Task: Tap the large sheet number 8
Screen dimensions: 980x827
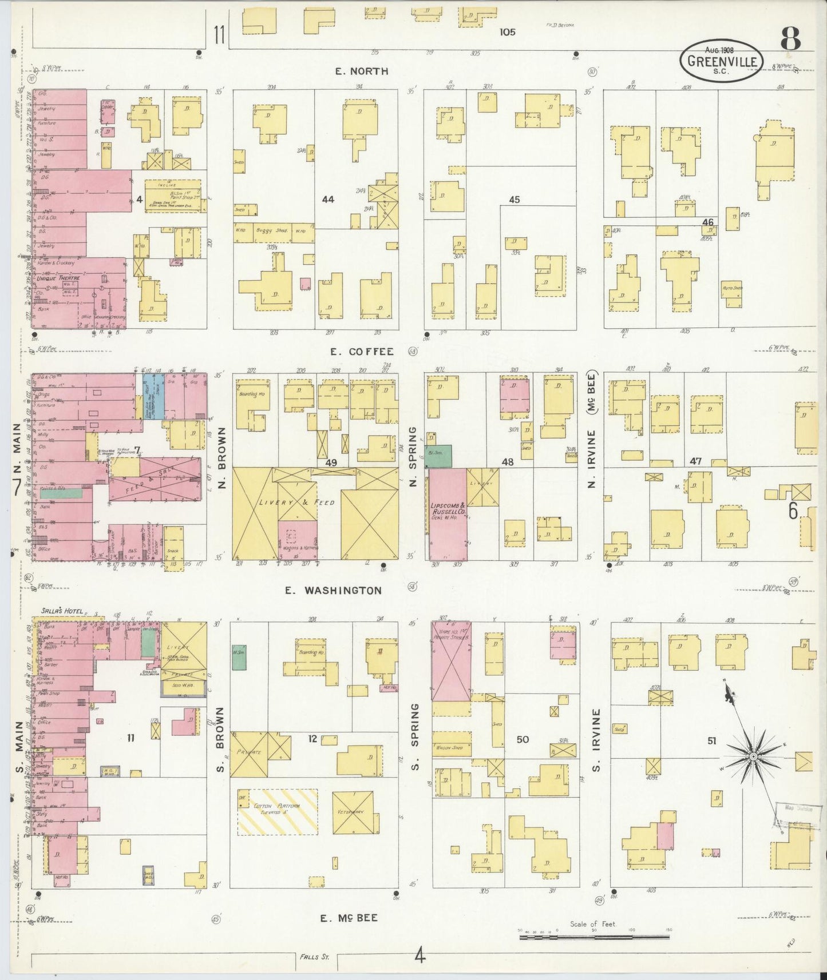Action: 790,40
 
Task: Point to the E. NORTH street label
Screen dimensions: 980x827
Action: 361,71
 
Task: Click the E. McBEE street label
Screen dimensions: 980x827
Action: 349,918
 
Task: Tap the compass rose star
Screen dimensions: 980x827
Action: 753,757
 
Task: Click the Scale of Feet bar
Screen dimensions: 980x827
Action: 595,938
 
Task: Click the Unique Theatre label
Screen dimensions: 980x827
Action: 59,278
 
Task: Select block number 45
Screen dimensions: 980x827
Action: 514,200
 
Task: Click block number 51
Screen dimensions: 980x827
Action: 711,741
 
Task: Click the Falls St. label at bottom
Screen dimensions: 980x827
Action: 316,955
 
